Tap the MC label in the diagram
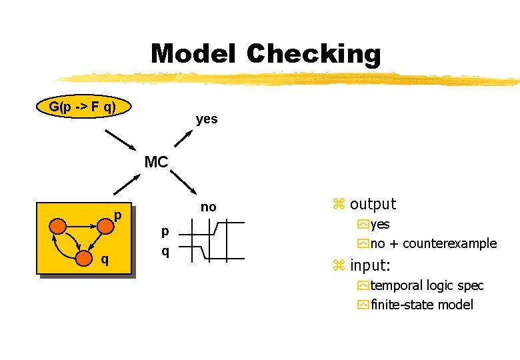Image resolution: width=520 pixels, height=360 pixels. click(156, 162)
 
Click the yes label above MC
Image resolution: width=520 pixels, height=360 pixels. click(207, 119)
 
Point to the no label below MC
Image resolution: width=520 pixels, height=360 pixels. click(209, 207)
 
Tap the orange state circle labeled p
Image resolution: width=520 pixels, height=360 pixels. click(106, 226)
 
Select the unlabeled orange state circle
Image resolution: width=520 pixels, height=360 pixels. click(59, 226)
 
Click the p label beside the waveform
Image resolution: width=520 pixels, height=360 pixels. click(165, 231)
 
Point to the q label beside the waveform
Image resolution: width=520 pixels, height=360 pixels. click(165, 251)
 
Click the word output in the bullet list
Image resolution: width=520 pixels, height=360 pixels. click(373, 204)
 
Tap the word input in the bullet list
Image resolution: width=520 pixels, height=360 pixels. click(369, 265)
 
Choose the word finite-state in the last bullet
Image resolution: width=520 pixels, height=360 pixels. click(401, 305)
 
